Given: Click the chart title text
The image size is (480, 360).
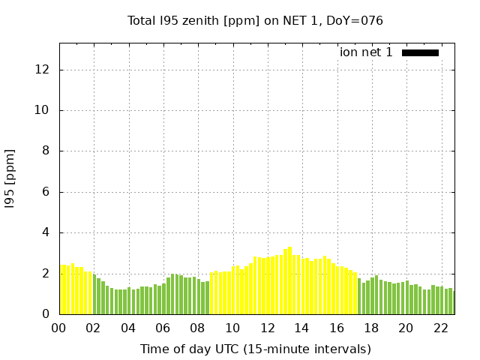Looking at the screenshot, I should point(255,20).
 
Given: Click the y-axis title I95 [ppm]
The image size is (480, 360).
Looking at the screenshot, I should point(10,178).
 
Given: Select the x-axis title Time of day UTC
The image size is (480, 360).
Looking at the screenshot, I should point(255,349).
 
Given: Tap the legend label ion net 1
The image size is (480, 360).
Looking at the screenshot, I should point(366,52).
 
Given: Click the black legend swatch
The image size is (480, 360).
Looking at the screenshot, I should point(420,52).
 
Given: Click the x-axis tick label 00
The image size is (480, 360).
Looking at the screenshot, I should point(59,328).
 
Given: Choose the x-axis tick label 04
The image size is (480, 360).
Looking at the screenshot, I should point(128,328).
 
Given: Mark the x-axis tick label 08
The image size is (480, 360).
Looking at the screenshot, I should point(198,328).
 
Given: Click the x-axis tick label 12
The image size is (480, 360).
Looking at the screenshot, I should point(267,328).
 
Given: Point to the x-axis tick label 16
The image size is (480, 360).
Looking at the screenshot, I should point(337,328).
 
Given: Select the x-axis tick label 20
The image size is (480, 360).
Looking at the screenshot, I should point(406,328).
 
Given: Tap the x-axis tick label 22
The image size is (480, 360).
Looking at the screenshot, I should point(440,328).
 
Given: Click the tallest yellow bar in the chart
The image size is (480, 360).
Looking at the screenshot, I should point(289,281).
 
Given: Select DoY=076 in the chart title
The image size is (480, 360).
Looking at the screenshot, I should point(356,20).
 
